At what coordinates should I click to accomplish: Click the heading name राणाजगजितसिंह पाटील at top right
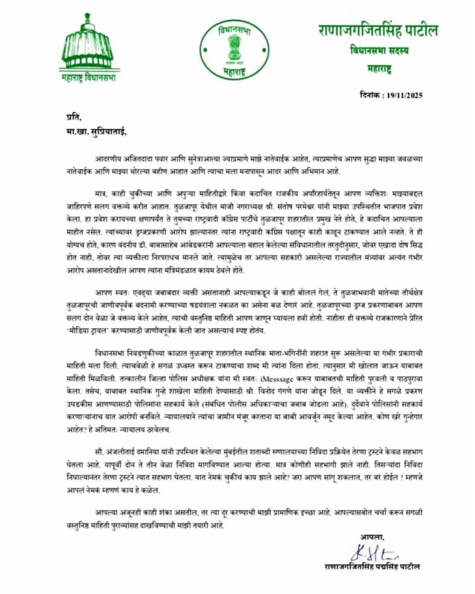tap(378, 30)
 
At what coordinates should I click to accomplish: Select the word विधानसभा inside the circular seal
tap(234, 28)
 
